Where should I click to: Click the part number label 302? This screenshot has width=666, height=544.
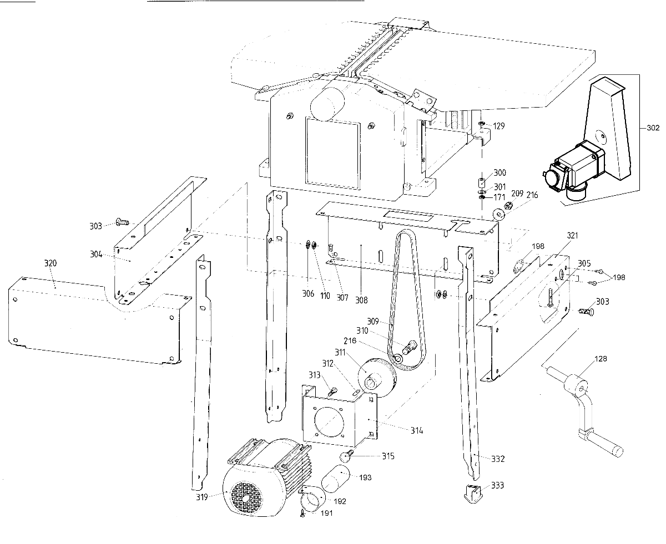[653, 128]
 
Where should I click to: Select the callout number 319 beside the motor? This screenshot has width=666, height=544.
[202, 497]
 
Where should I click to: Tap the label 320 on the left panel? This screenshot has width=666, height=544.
[50, 263]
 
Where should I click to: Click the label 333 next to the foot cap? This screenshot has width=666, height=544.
[498, 486]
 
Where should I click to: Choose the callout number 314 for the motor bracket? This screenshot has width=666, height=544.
[417, 430]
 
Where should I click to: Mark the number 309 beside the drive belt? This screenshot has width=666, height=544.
[373, 321]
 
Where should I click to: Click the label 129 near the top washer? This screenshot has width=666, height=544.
[498, 126]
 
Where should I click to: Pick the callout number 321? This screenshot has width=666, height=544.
[572, 236]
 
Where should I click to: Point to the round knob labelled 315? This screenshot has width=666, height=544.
[347, 456]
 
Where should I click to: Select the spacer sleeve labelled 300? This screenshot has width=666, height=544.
[482, 182]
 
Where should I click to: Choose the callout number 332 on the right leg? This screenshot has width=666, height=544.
[498, 459]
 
